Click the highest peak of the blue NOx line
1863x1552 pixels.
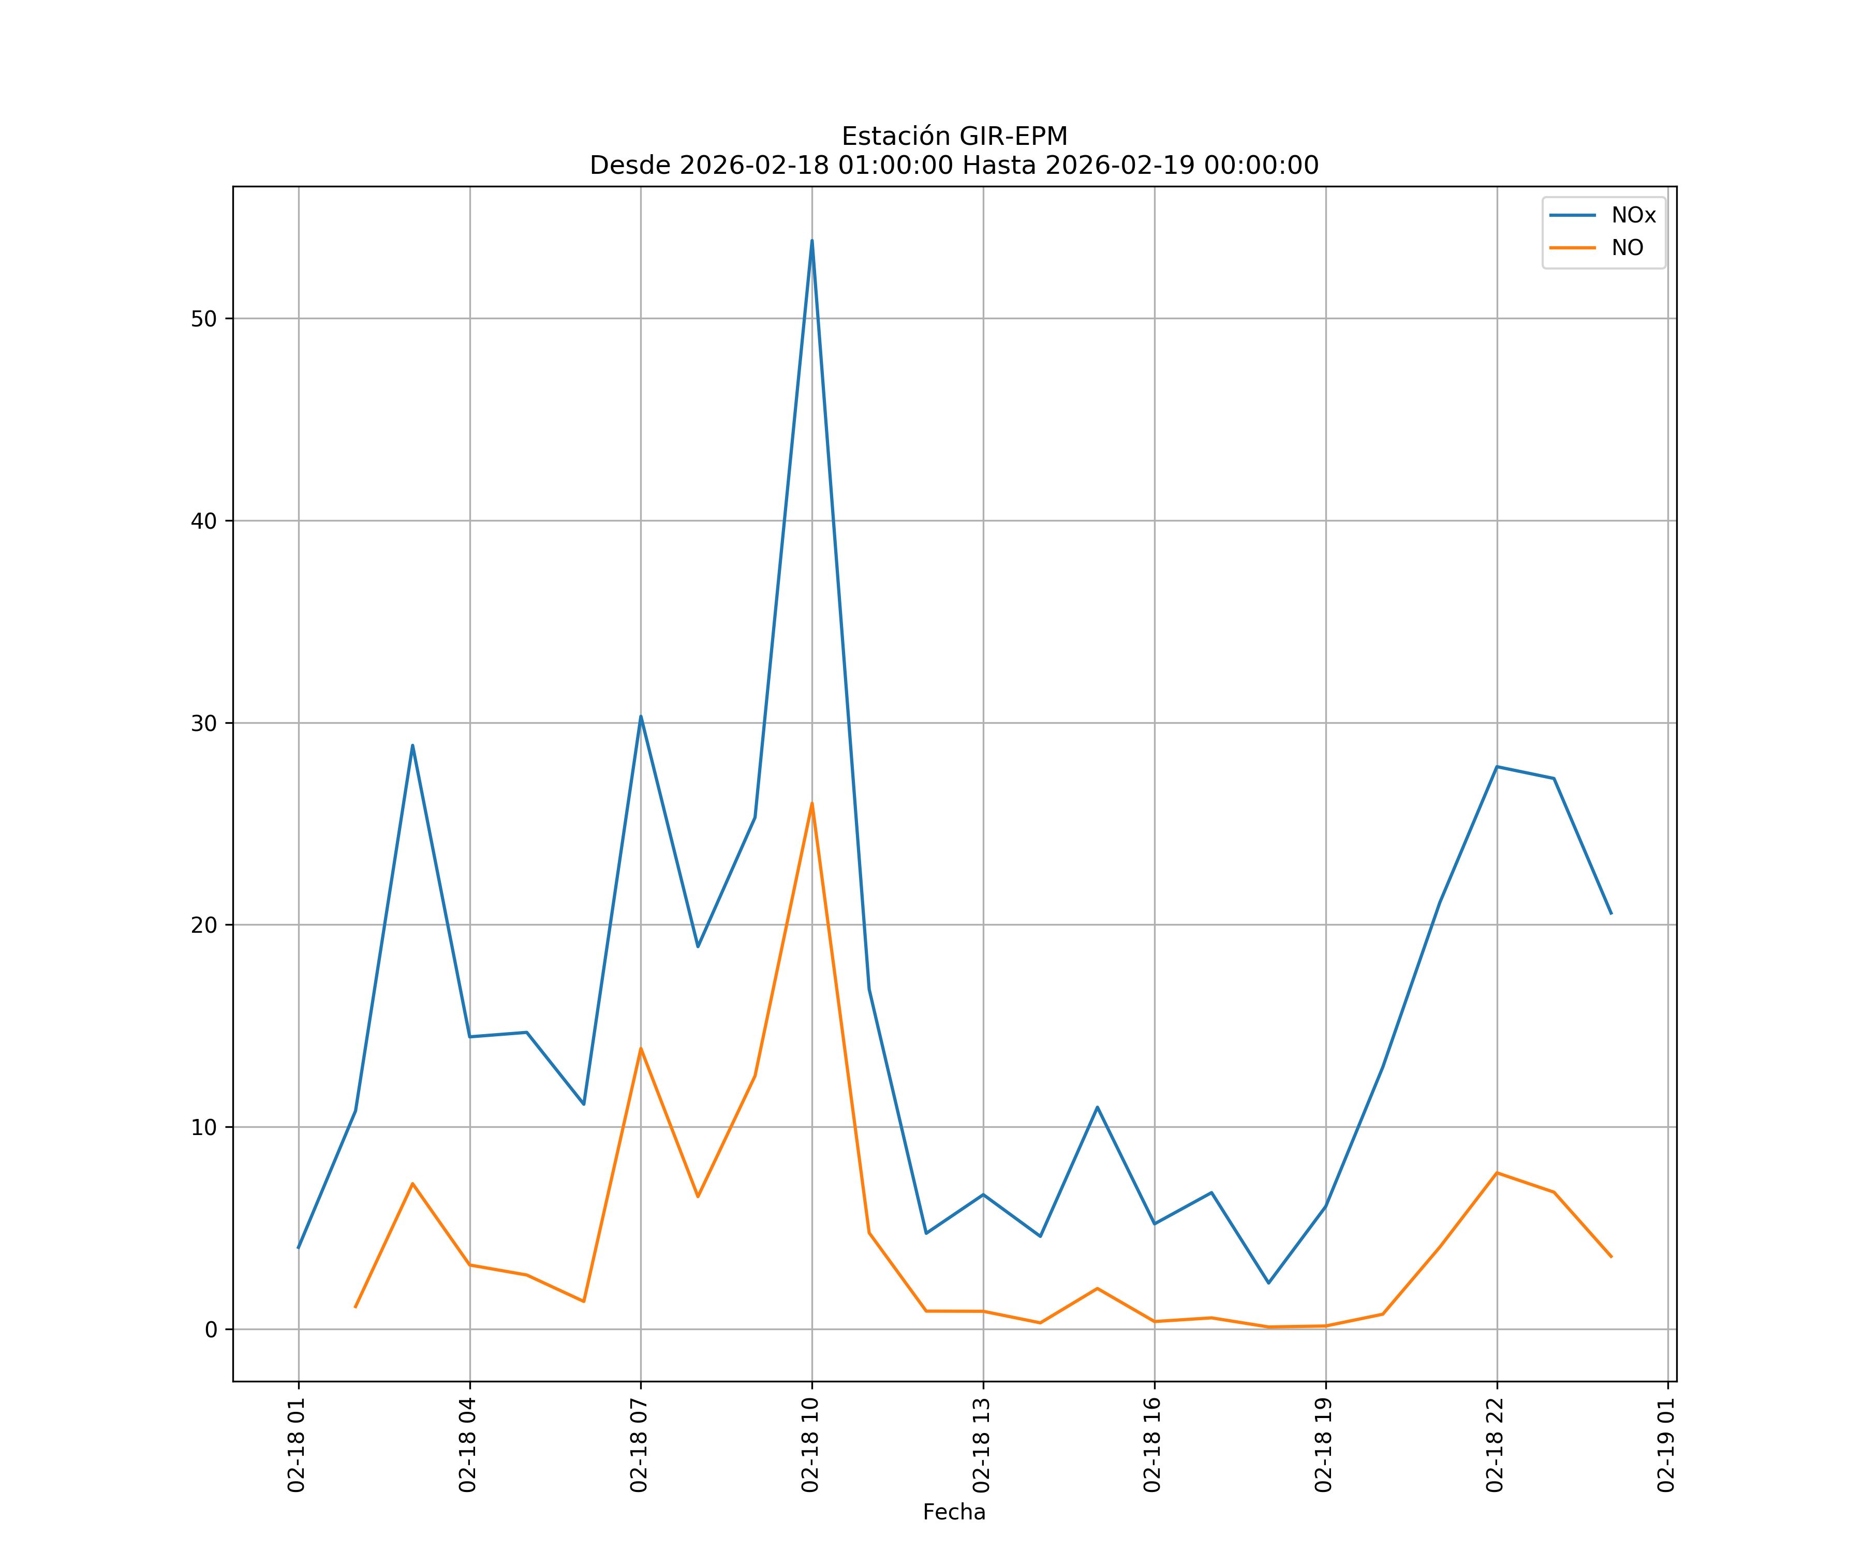pyautogui.click(x=812, y=241)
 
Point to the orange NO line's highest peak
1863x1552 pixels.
pyautogui.click(x=812, y=803)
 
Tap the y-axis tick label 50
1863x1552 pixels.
pyautogui.click(x=203, y=319)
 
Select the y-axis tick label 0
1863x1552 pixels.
pyautogui.click(x=210, y=1330)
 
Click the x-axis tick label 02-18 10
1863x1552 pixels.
pyautogui.click(x=810, y=1445)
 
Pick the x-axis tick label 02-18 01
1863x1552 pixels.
pyautogui.click(x=297, y=1445)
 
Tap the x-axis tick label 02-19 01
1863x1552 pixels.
pyautogui.click(x=1666, y=1445)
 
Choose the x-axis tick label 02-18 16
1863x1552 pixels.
pyautogui.click(x=1152, y=1445)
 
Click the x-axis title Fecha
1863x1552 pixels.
pyautogui.click(x=954, y=1512)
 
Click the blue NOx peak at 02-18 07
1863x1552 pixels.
pyautogui.click(x=641, y=717)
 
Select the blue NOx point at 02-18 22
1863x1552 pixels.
pyautogui.click(x=1497, y=766)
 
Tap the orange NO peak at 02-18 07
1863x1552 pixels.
pyautogui.click(x=641, y=1048)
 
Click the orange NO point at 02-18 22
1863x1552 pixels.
pyautogui.click(x=1497, y=1172)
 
